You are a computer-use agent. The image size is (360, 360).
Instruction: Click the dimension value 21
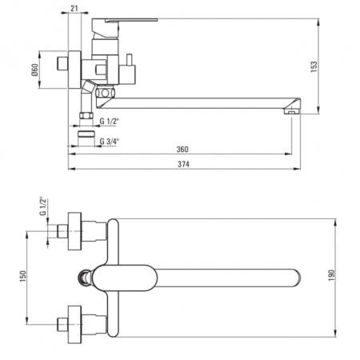(x=74, y=8)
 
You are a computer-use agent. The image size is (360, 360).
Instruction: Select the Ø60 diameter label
(x=35, y=70)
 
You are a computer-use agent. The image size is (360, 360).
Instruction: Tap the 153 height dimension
(x=314, y=66)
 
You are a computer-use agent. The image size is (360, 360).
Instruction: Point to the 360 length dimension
(x=182, y=150)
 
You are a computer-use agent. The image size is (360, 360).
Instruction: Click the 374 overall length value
(x=183, y=164)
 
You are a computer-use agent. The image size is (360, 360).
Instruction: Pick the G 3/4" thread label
(x=110, y=142)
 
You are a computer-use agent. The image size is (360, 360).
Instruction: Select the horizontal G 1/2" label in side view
(x=110, y=122)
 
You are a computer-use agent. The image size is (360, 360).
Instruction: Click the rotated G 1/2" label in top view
(x=43, y=206)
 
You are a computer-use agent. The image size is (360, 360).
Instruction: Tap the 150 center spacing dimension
(x=23, y=276)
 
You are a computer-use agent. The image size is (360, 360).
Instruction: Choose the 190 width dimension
(x=331, y=275)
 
